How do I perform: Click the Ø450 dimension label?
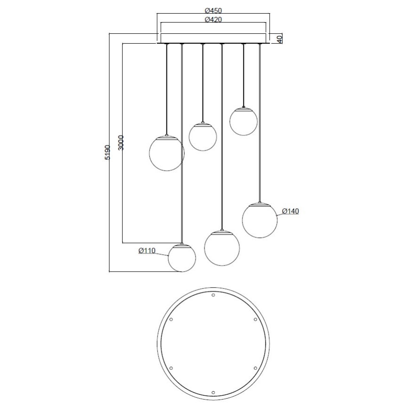[213, 10]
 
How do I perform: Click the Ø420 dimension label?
[213, 19]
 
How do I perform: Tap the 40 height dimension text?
[279, 39]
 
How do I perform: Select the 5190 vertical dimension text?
[108, 153]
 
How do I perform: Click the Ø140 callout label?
[290, 212]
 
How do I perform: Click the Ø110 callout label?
[147, 251]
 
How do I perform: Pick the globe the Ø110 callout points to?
[182, 258]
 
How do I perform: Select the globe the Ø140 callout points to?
[259, 220]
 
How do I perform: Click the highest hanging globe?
[243, 121]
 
